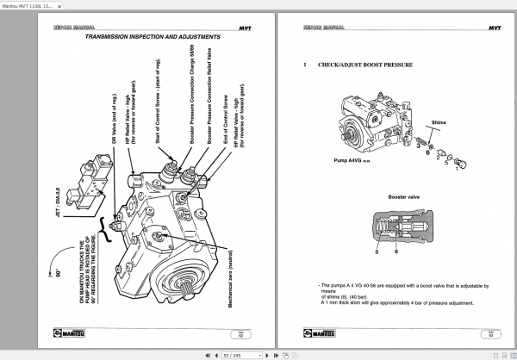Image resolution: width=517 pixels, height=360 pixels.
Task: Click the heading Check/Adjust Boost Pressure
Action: point(364,65)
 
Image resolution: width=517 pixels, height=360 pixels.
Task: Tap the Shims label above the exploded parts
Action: point(439,123)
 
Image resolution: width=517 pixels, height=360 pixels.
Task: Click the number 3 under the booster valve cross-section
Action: point(377,251)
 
